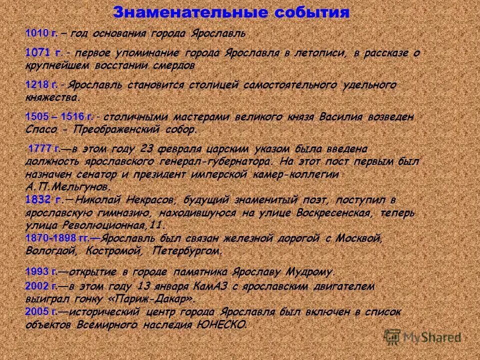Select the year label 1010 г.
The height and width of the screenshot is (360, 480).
click(x=41, y=33)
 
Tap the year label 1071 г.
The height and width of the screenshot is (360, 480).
click(x=43, y=53)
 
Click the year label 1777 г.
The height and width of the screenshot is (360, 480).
click(x=44, y=149)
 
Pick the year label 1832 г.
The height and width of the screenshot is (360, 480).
click(x=43, y=200)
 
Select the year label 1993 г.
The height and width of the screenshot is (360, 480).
click(x=41, y=272)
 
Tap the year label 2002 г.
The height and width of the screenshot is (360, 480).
click(x=41, y=287)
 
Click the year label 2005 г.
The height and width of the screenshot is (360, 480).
click(x=41, y=312)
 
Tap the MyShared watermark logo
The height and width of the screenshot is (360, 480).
click(x=422, y=336)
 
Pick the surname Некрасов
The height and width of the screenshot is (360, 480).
click(x=144, y=200)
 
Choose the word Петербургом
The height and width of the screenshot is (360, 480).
click(x=187, y=250)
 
